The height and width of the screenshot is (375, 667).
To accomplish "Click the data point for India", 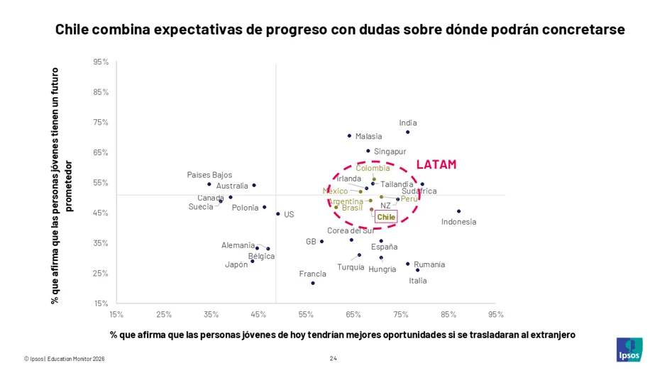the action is pyautogui.click(x=407, y=133).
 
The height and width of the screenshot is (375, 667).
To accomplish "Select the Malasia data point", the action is pyautogui.click(x=349, y=136).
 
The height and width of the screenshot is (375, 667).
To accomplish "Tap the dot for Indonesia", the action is pyautogui.click(x=458, y=211).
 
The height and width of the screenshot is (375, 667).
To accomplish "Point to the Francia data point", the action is pyautogui.click(x=313, y=283).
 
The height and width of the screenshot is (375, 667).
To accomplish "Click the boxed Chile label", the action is pyautogui.click(x=386, y=217).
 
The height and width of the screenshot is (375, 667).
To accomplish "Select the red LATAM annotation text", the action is pyautogui.click(x=436, y=164).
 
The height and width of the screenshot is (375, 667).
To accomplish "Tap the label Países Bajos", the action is pyautogui.click(x=210, y=175).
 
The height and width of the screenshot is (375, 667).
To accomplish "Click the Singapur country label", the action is pyautogui.click(x=390, y=152).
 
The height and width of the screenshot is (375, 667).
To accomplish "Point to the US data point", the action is pyautogui.click(x=277, y=214).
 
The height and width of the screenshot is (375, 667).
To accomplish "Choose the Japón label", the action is pyautogui.click(x=236, y=264).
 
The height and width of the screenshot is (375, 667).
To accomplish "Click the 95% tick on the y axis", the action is pyautogui.click(x=101, y=62).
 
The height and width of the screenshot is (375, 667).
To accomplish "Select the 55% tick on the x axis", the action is pyautogui.click(x=306, y=315).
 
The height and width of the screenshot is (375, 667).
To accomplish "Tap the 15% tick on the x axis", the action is pyautogui.click(x=116, y=315).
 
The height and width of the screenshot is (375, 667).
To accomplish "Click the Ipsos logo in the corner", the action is pyautogui.click(x=629, y=349).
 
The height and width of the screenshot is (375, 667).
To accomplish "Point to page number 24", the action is pyautogui.click(x=333, y=359).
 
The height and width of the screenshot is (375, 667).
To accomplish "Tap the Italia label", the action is pyautogui.click(x=418, y=281).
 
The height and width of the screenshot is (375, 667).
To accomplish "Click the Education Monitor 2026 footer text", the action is pyautogui.click(x=76, y=359).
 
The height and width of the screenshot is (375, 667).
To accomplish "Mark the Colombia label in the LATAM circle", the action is pyautogui.click(x=373, y=168).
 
